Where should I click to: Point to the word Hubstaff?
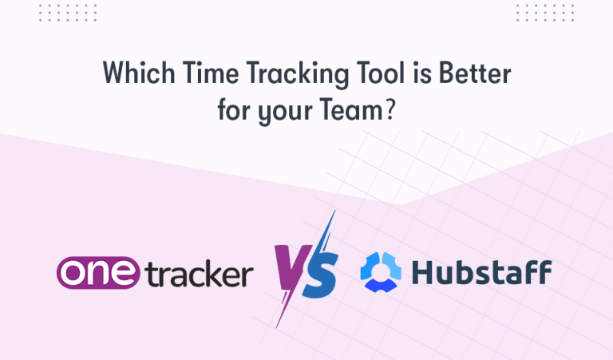click(481, 272)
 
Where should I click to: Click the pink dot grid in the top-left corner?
click(73, 12)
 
